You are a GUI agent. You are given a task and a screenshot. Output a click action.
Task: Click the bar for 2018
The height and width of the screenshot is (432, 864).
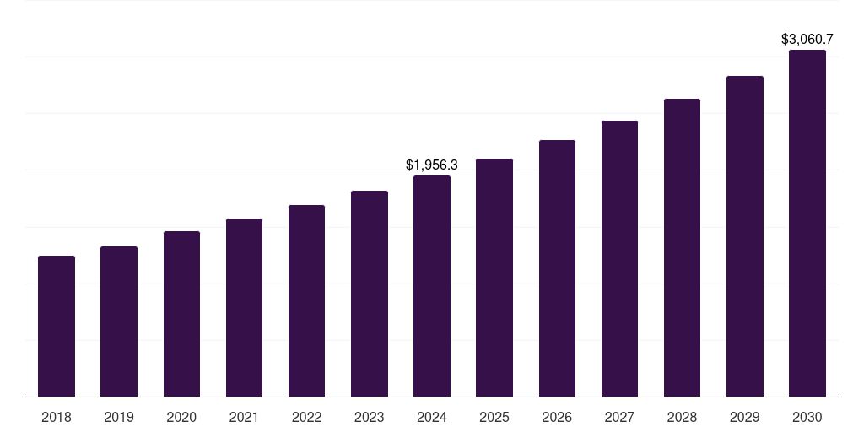(57, 326)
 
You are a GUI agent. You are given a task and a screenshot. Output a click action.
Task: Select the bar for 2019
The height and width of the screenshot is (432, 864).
(119, 321)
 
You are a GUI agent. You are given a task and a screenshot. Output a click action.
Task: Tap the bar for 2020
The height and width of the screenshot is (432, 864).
(181, 314)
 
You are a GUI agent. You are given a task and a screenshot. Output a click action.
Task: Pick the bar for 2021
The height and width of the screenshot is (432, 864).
(244, 307)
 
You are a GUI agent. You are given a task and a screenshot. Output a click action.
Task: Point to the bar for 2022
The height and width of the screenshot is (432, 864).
(306, 300)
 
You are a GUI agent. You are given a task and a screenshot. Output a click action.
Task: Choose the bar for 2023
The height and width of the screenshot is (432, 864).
(370, 294)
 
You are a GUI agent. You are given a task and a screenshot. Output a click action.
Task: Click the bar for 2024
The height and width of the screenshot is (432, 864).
(432, 286)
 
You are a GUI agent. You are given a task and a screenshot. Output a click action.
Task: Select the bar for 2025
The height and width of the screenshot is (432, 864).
(494, 278)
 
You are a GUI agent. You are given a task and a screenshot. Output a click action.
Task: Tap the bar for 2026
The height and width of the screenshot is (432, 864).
(557, 268)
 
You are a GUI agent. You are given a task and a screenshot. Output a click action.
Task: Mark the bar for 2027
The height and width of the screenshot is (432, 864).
(619, 258)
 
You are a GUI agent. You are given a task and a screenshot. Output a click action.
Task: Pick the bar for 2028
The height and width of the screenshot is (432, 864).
(682, 247)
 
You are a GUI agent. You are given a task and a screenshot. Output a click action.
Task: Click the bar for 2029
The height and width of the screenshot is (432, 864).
(745, 236)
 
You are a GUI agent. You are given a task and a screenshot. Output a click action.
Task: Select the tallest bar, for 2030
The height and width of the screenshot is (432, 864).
(807, 223)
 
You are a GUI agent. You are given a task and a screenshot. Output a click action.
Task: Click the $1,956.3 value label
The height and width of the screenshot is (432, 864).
(432, 165)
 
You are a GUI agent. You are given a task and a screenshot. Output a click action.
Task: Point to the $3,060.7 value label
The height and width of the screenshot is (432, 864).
(807, 39)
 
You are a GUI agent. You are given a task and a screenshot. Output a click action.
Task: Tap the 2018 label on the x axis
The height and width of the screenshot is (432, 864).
(57, 417)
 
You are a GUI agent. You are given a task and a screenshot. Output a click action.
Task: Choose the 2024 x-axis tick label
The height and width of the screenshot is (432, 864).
(432, 417)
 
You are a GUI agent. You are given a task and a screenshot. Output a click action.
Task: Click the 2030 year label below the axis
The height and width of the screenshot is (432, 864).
(807, 417)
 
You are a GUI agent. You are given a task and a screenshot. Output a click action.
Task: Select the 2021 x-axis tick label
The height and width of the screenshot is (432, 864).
(244, 417)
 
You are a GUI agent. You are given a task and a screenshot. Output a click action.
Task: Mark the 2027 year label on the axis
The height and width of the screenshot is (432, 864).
(619, 417)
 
